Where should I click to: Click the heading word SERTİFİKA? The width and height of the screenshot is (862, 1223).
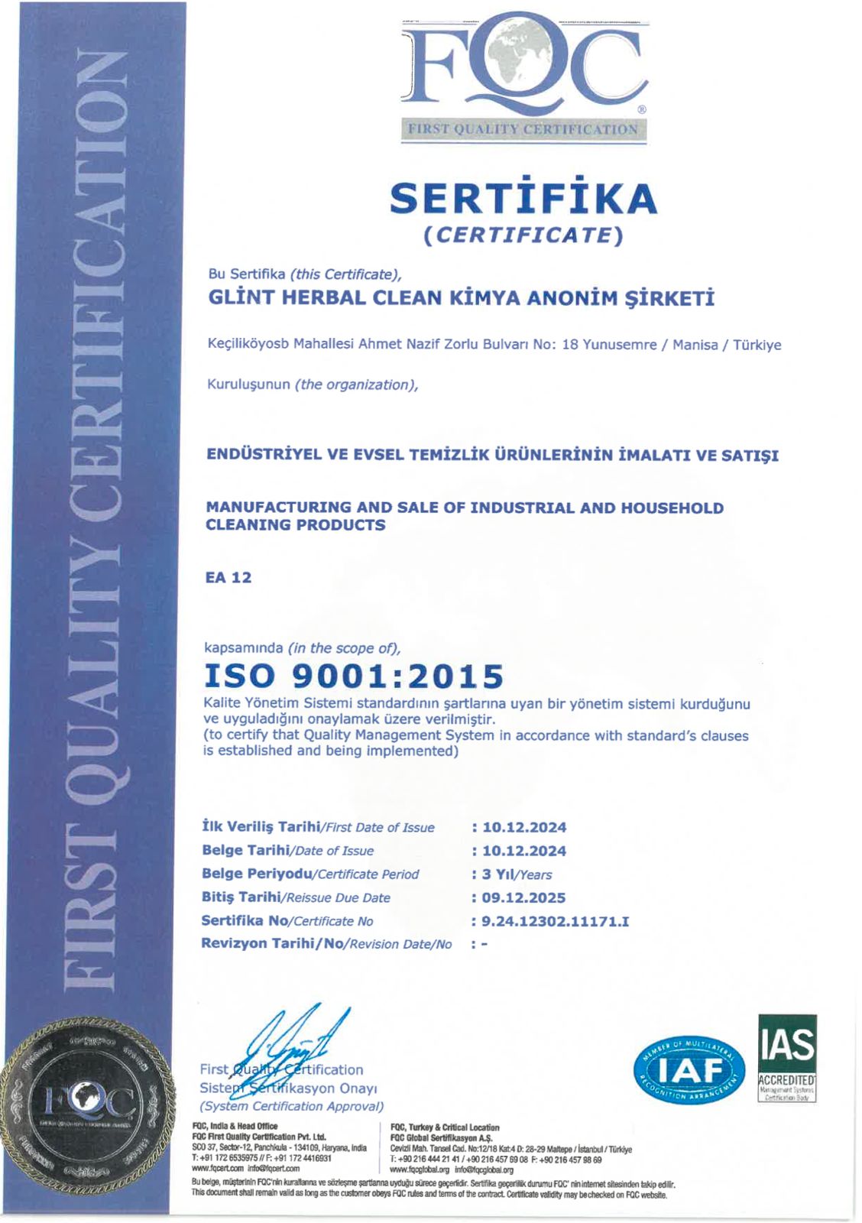tap(523, 199)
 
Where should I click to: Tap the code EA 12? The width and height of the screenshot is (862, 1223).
tap(228, 578)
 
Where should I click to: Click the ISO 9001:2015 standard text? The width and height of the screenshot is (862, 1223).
tap(354, 676)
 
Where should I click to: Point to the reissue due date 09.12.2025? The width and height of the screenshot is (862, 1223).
tap(524, 897)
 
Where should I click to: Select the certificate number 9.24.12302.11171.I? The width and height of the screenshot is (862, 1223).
tap(556, 921)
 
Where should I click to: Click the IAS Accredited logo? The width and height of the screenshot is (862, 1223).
tap(787, 1058)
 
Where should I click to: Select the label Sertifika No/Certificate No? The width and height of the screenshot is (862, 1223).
tap(287, 921)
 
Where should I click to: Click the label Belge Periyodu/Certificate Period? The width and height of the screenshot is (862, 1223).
tap(310, 874)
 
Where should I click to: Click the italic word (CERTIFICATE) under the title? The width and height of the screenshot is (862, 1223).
tap(523, 235)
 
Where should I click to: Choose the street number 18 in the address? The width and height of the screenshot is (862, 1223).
tap(569, 345)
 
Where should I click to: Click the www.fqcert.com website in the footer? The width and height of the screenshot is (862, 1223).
tap(217, 1169)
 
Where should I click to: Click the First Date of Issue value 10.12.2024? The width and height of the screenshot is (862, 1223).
tap(524, 827)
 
